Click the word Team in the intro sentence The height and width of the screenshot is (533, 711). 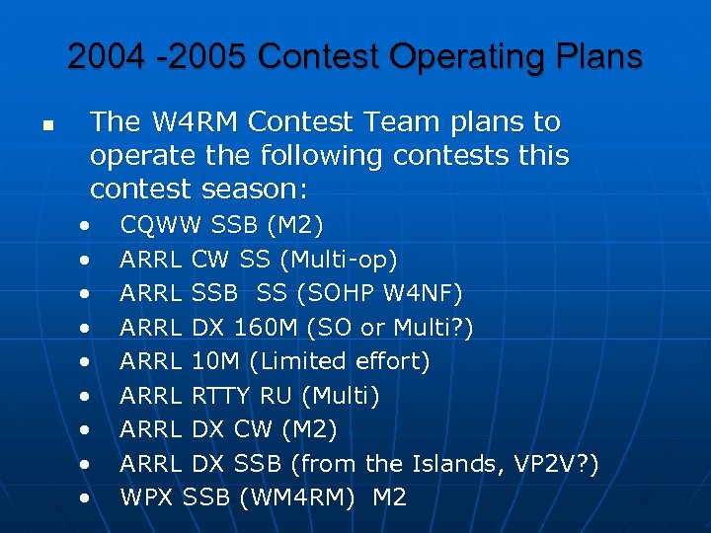click(411, 122)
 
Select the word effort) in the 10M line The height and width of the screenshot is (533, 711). click(390, 361)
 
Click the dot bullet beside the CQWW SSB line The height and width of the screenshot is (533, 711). click(88, 227)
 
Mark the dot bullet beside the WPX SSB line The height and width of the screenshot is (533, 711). click(88, 497)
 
